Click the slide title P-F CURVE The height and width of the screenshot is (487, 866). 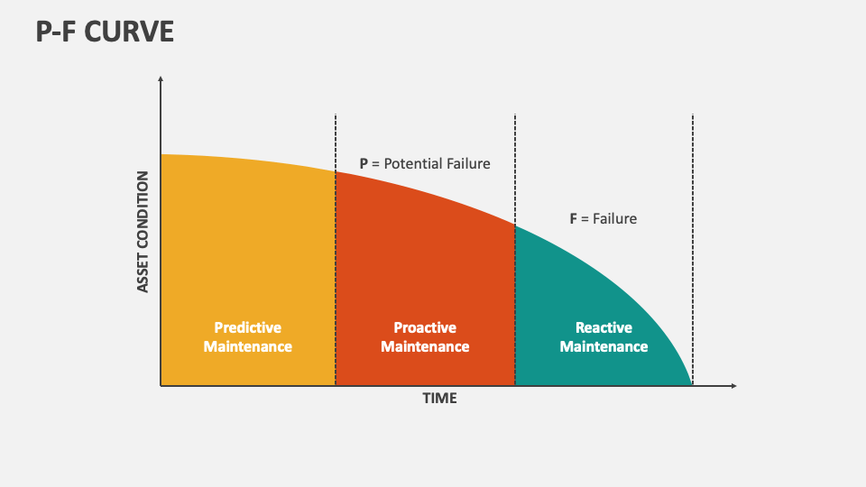click(x=105, y=32)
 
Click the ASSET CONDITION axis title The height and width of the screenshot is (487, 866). click(x=143, y=232)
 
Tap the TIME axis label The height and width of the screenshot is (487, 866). click(x=440, y=398)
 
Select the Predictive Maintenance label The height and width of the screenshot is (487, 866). click(x=247, y=337)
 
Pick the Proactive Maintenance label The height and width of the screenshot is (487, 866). click(x=425, y=337)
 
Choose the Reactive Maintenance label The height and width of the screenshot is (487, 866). click(x=603, y=337)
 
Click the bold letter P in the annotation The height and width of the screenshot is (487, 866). click(x=364, y=164)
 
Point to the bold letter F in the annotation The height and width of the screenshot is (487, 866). click(x=573, y=218)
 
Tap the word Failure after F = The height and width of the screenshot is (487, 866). click(x=615, y=218)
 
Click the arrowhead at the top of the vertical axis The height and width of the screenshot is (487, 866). click(x=161, y=79)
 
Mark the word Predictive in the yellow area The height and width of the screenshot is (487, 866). click(x=247, y=328)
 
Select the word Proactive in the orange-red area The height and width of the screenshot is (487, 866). click(x=425, y=328)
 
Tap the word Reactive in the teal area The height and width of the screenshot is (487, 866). click(x=603, y=328)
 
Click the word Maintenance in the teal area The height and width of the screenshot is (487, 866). click(x=603, y=346)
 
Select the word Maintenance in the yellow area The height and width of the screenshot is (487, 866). click(x=247, y=346)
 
